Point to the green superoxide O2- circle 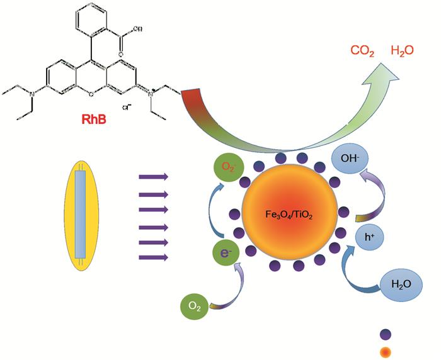click(x=227, y=167)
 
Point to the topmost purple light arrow click(x=154, y=177)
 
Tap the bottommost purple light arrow click(x=154, y=257)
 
